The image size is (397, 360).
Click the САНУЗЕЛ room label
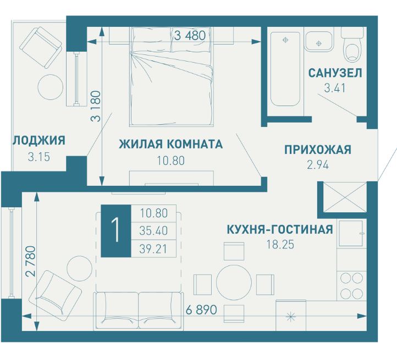click(x=335, y=73)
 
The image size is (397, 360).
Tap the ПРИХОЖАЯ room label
click(x=317, y=149)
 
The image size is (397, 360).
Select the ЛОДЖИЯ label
click(x=38, y=140)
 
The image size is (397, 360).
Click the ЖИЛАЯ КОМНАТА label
click(x=171, y=145)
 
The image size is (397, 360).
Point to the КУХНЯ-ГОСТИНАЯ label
click(x=279, y=229)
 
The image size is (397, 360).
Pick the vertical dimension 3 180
click(x=95, y=106)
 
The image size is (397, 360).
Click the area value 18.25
click(x=279, y=245)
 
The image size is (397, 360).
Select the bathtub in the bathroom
click(x=285, y=69)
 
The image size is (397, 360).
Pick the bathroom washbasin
click(x=317, y=42)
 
